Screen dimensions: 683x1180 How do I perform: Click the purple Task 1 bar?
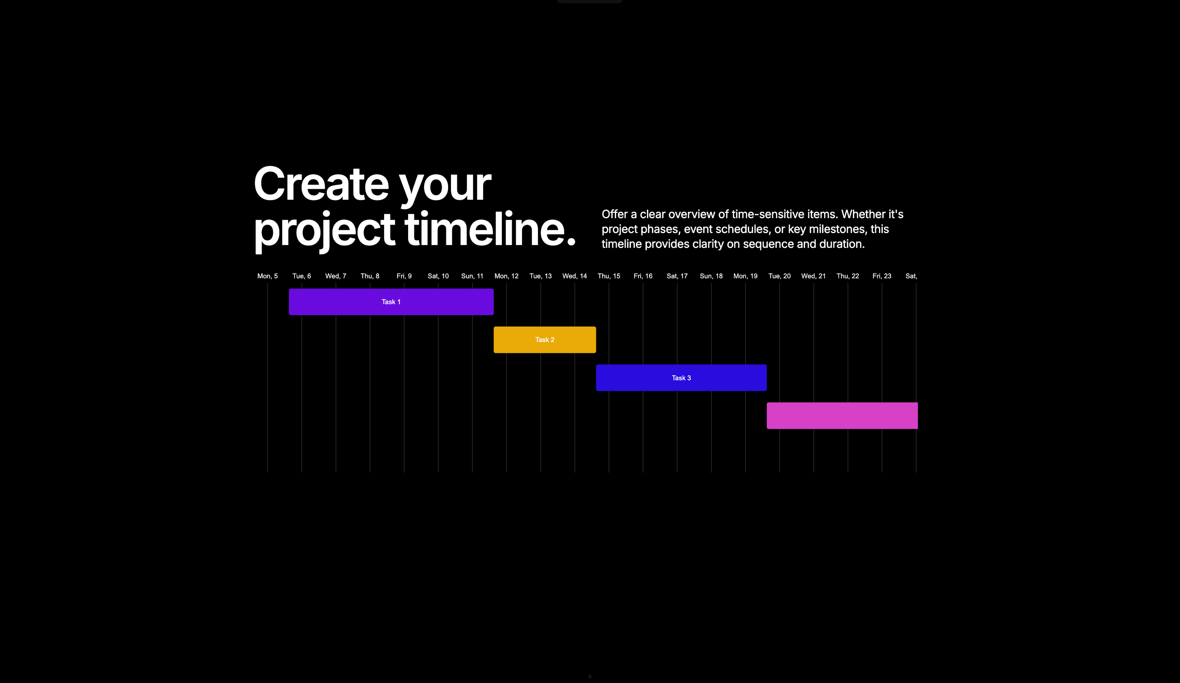click(x=391, y=302)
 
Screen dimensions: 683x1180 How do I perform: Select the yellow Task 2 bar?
click(x=545, y=340)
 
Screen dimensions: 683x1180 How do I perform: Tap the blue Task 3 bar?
click(x=681, y=377)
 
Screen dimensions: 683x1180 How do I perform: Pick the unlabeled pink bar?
click(x=842, y=416)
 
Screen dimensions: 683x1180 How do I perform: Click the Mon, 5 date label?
click(x=267, y=276)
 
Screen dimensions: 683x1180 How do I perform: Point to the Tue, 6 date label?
click(x=301, y=276)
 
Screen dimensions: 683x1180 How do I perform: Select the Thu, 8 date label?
click(x=370, y=276)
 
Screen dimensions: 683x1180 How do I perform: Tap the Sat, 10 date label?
click(x=438, y=276)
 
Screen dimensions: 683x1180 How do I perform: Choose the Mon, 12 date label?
click(x=506, y=276)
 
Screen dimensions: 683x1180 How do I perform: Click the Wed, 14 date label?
click(x=575, y=276)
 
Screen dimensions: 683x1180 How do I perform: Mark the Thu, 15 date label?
click(x=609, y=276)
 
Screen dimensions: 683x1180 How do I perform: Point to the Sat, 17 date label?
click(x=677, y=276)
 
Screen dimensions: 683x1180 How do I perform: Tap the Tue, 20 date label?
click(x=779, y=276)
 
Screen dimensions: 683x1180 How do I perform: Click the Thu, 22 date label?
click(x=848, y=276)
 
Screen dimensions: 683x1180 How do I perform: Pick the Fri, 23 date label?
click(x=882, y=276)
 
